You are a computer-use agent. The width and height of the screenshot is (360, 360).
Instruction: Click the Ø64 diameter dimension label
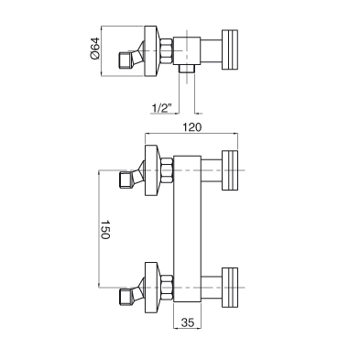point(95,49)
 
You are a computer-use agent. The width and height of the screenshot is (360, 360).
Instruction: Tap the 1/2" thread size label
point(162,107)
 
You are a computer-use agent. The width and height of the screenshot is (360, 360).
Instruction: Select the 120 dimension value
point(192,127)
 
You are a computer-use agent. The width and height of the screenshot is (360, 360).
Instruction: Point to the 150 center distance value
point(104,229)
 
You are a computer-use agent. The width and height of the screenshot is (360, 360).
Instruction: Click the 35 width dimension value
point(188,322)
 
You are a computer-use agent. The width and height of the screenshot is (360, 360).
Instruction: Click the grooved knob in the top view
point(230,49)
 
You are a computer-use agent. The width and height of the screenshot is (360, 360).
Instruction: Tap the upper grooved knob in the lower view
point(230,170)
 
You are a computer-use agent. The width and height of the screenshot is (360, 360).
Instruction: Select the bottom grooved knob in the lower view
point(230,288)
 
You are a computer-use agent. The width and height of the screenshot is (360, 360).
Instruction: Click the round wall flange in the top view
point(151,51)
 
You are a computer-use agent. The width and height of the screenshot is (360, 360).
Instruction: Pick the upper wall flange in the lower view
point(151,170)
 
